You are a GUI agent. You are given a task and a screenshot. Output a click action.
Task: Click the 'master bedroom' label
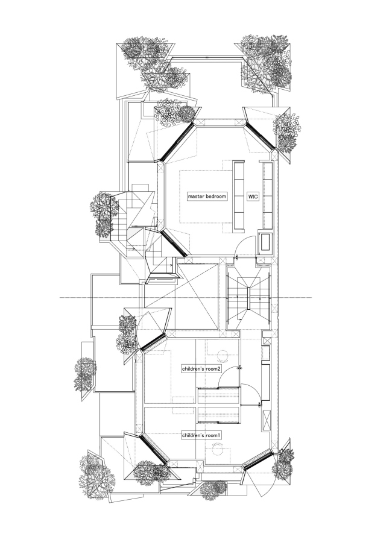pyautogui.click(x=206, y=197)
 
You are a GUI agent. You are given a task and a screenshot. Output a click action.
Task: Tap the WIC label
pyautogui.click(x=252, y=197)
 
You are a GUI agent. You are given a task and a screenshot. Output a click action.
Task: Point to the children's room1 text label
pyautogui.click(x=201, y=434)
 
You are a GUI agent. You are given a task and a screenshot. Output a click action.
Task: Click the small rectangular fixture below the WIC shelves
pyautogui.click(x=265, y=243)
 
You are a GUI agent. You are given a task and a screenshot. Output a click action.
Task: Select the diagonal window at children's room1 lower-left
pyautogui.click(x=154, y=452)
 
